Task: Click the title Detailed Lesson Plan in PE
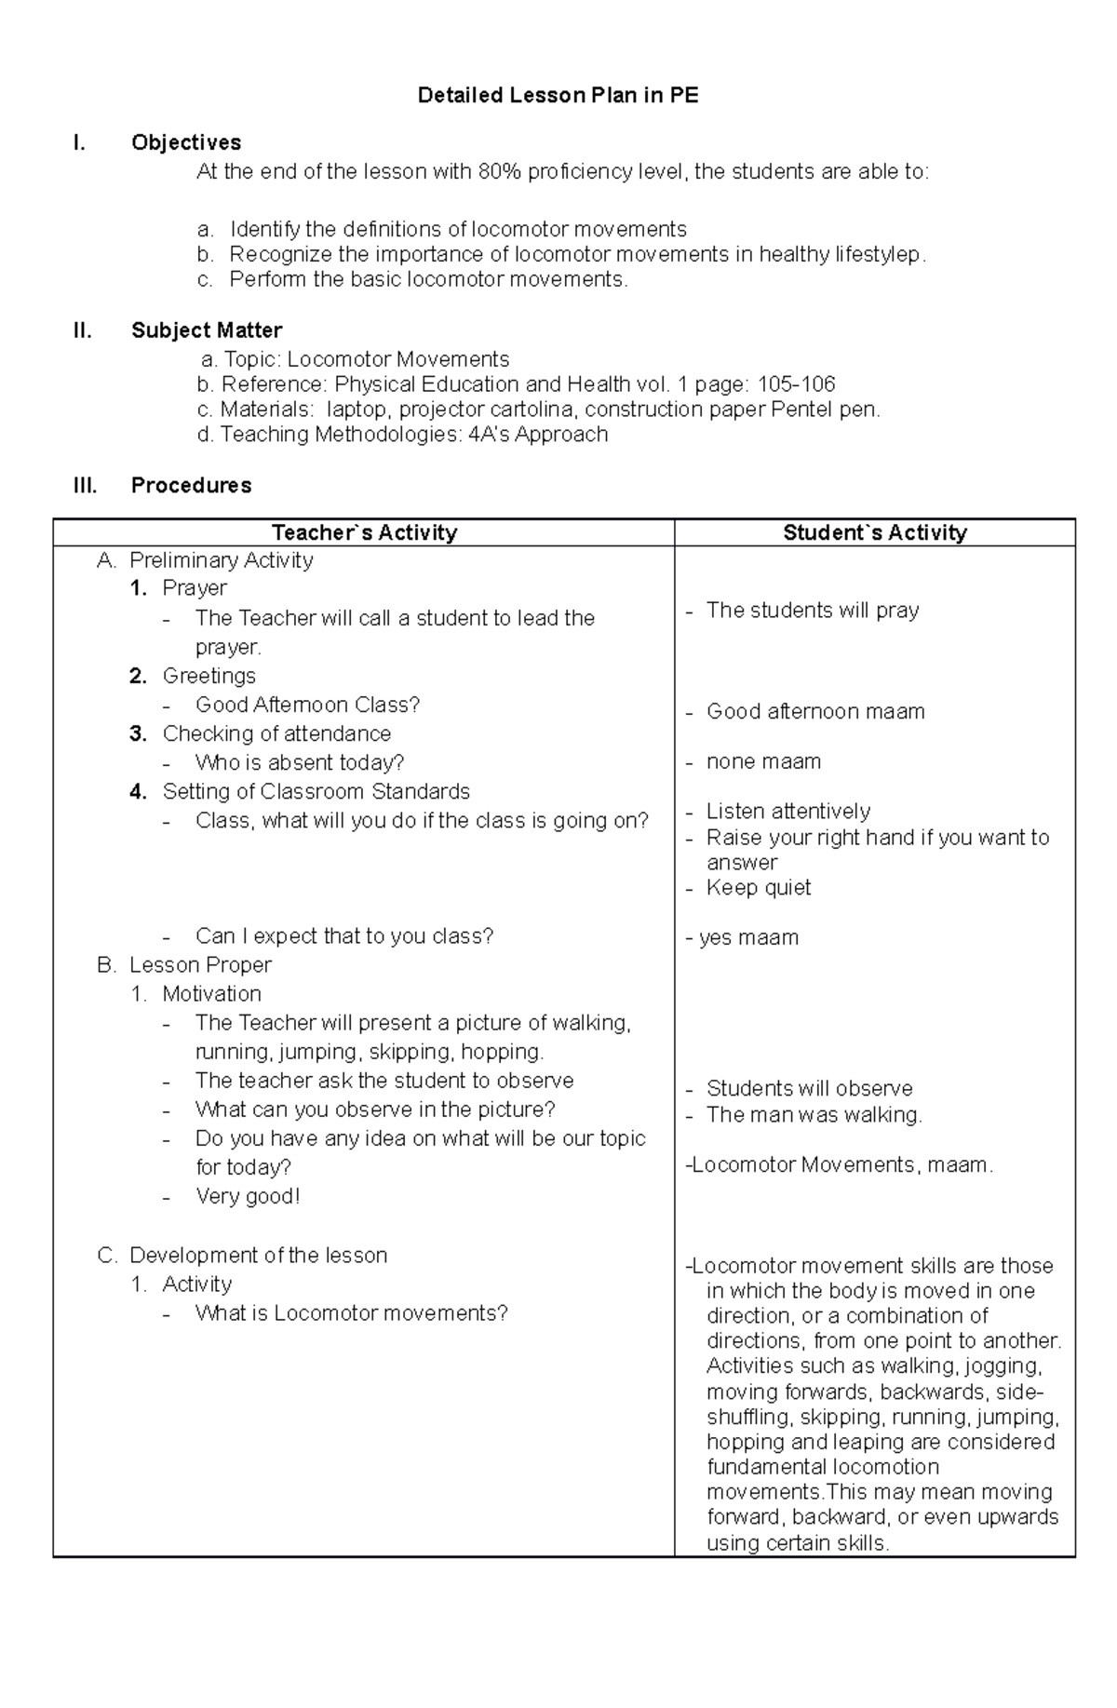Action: (558, 95)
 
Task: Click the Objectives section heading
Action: (186, 142)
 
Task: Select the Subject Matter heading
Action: (207, 330)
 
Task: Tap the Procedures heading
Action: (191, 485)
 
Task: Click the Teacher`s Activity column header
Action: (364, 532)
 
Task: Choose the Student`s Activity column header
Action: (874, 532)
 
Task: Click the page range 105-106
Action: (796, 384)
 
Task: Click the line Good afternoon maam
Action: (814, 712)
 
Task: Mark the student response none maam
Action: (763, 762)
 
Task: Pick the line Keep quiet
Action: (758, 888)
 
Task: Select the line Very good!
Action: (248, 1196)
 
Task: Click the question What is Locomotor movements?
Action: (351, 1313)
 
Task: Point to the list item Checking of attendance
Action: (276, 733)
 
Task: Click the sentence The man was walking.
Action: (814, 1115)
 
